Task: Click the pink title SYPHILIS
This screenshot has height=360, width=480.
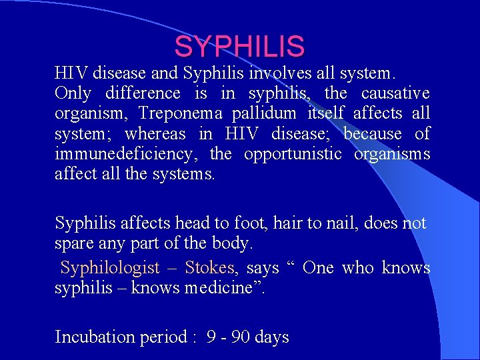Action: click(239, 47)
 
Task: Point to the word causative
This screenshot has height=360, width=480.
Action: click(395, 93)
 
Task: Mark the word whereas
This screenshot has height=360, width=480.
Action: click(155, 134)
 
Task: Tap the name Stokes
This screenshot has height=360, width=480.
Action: click(209, 268)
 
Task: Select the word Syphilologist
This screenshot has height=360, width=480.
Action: click(110, 268)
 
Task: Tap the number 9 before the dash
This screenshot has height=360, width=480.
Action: click(211, 337)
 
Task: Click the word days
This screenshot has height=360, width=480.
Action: click(272, 337)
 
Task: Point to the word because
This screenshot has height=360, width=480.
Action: click(373, 134)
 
